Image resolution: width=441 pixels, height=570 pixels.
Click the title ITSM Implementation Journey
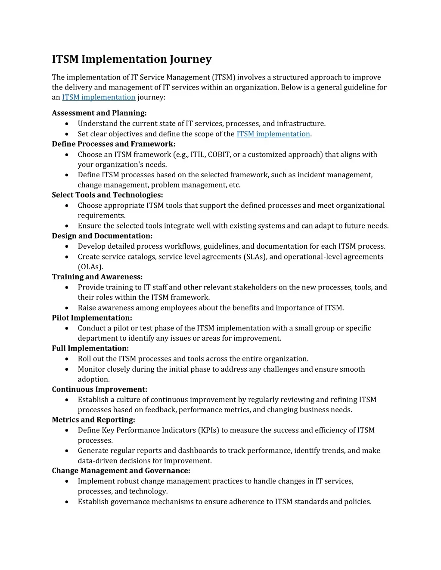click(x=131, y=59)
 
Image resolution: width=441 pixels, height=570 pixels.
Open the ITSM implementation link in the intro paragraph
click(x=99, y=97)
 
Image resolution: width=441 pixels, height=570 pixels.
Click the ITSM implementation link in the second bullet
click(x=273, y=134)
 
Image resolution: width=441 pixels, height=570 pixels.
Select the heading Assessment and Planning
click(x=99, y=113)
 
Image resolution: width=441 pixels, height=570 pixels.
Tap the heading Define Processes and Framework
click(x=113, y=144)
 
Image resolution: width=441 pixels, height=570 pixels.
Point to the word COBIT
click(x=219, y=154)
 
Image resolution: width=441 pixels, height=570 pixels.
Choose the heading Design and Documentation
click(x=102, y=236)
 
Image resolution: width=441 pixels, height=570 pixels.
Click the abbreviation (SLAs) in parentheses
click(x=255, y=257)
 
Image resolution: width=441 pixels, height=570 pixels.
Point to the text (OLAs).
click(x=90, y=267)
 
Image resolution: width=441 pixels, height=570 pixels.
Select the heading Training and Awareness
click(x=97, y=277)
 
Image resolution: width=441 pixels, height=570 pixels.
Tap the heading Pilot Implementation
click(x=92, y=318)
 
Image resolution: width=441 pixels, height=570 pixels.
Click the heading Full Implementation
click(x=90, y=348)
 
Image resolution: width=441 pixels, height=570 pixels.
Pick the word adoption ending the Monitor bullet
click(x=93, y=379)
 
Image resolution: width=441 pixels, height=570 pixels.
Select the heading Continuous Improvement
click(x=99, y=389)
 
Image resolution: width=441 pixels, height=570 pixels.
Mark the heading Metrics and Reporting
click(x=93, y=420)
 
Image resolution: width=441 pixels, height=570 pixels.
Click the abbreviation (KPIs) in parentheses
click(x=208, y=430)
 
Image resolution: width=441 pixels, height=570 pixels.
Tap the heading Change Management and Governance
click(x=121, y=471)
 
